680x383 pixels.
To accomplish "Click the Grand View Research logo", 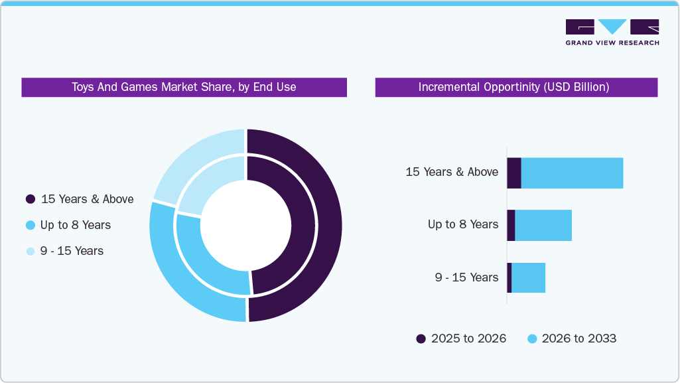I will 612,32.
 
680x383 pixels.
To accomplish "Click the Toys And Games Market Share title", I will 184,87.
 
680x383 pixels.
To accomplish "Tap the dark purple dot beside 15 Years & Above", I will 31,199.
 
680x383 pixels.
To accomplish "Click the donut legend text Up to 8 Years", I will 75,225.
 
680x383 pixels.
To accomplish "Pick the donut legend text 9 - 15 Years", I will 72,251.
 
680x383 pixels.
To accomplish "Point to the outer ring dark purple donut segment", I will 329,226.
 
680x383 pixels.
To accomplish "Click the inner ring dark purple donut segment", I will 303,226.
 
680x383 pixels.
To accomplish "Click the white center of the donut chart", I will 246,226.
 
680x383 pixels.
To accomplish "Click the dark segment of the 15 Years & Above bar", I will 514,173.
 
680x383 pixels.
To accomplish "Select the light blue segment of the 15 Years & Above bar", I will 572,173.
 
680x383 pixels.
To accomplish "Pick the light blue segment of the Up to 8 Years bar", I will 543,226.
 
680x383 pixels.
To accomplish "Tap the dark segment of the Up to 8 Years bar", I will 511,226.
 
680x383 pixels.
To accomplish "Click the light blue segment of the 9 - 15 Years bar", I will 528,277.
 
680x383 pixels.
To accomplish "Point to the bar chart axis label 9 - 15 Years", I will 466,277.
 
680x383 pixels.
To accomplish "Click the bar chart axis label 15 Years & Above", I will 452,172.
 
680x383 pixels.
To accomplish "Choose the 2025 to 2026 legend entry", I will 461,339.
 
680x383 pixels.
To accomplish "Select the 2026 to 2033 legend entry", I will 572,339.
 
